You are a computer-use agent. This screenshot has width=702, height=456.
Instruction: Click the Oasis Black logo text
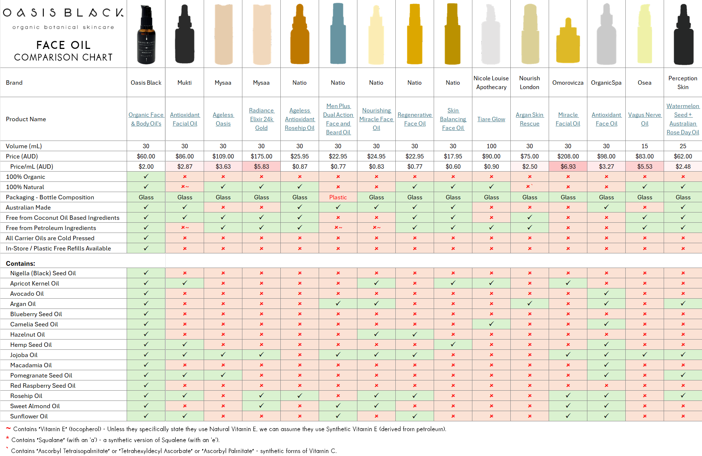pyautogui.click(x=63, y=13)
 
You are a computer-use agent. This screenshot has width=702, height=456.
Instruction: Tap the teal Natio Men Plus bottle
pyautogui.click(x=338, y=35)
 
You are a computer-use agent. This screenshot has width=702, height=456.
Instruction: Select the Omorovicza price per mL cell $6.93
pyautogui.click(x=568, y=166)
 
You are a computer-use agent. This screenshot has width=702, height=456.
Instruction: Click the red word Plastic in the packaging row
pyautogui.click(x=338, y=197)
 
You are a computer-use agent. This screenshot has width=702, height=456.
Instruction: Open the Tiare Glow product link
pyautogui.click(x=491, y=119)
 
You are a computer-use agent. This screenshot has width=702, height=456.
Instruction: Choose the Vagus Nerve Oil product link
pyautogui.click(x=645, y=119)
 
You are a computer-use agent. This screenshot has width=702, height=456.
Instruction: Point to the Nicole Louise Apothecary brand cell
pyautogui.click(x=491, y=83)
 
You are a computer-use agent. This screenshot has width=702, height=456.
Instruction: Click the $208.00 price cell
pyautogui.click(x=568, y=156)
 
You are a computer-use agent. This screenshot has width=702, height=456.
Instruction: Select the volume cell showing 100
pyautogui.click(x=491, y=146)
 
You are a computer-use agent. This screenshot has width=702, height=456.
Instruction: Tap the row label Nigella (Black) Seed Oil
pyautogui.click(x=43, y=273)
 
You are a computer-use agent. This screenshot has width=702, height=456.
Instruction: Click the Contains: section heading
pyautogui.click(x=20, y=264)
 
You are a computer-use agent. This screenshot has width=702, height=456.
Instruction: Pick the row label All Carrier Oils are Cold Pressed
pyautogui.click(x=50, y=238)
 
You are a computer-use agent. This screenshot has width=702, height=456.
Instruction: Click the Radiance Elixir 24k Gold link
pyautogui.click(x=261, y=119)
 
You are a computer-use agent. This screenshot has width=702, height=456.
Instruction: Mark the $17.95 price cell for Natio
pyautogui.click(x=453, y=156)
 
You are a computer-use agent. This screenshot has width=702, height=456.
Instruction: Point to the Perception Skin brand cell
pyautogui.click(x=683, y=83)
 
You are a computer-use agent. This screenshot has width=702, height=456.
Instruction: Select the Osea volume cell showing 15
pyautogui.click(x=645, y=146)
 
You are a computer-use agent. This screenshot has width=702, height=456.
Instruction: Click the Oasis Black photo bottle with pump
pyautogui.click(x=146, y=35)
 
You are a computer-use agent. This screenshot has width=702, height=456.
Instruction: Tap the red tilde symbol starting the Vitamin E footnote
pyautogui.click(x=8, y=429)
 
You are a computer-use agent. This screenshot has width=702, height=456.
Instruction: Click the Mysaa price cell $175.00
pyautogui.click(x=261, y=156)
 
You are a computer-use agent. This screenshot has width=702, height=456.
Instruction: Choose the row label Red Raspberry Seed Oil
pyautogui.click(x=43, y=386)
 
